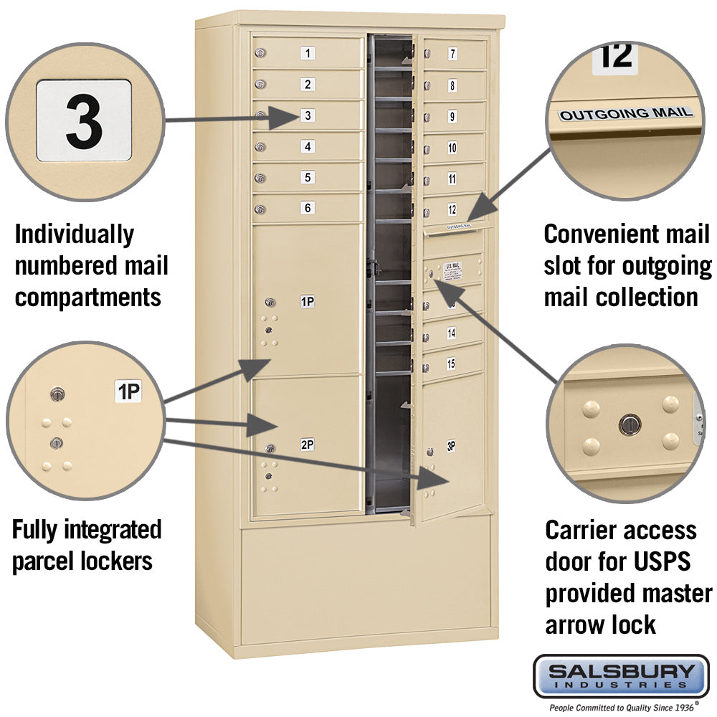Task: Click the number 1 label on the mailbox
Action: [x=308, y=53]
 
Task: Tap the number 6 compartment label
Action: [x=308, y=208]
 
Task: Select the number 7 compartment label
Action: [x=452, y=54]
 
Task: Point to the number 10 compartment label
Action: [x=452, y=148]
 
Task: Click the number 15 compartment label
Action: [x=451, y=364]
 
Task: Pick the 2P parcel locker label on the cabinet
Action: [x=307, y=445]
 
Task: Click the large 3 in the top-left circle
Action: [x=84, y=120]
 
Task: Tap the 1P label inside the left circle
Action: [x=129, y=391]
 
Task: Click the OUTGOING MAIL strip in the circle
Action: [x=626, y=113]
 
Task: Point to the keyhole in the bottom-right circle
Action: [x=629, y=424]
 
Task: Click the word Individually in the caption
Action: [x=74, y=234]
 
